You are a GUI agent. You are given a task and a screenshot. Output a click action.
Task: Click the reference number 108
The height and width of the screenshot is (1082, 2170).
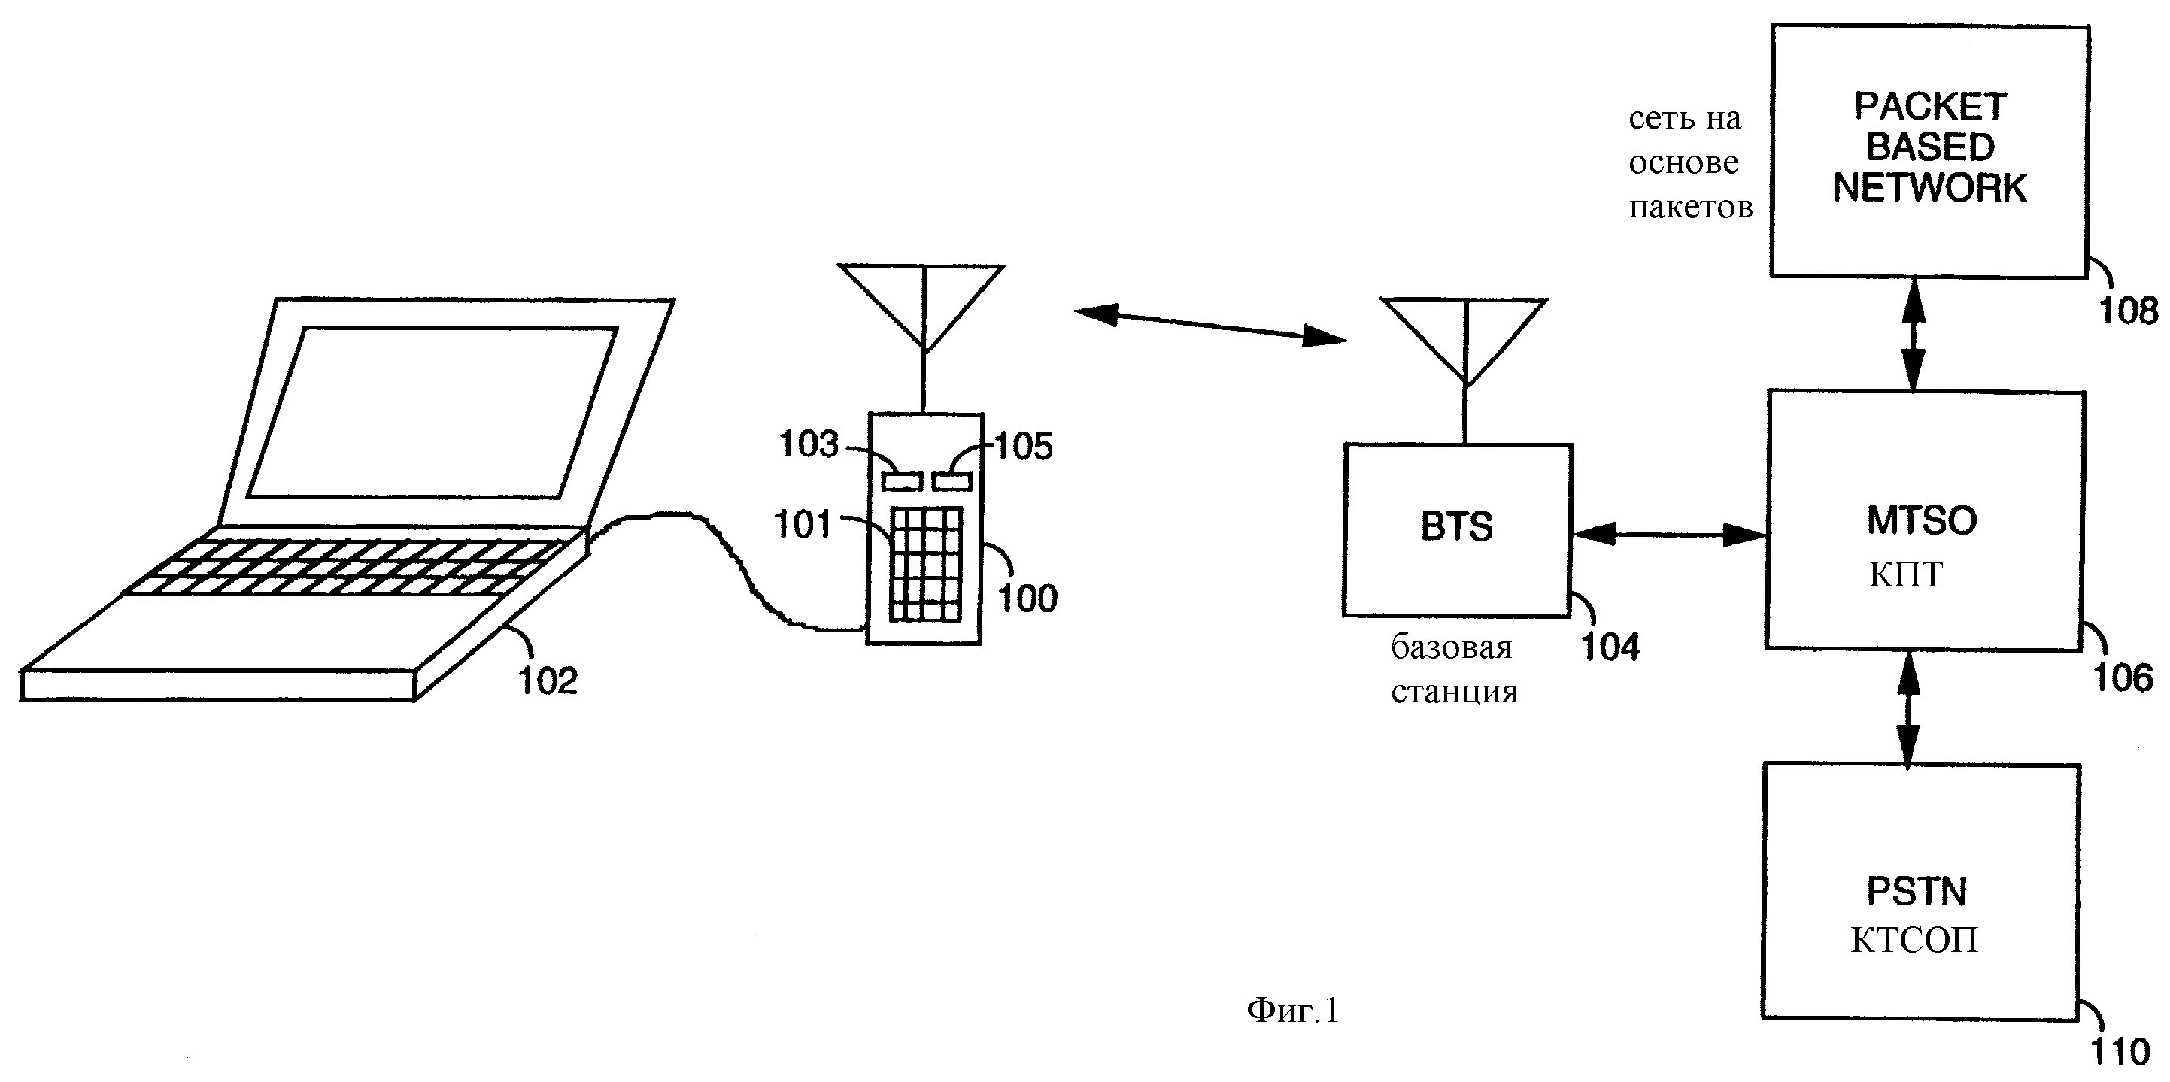click(2128, 311)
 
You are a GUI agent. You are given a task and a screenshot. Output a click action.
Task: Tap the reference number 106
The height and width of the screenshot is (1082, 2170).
click(2123, 677)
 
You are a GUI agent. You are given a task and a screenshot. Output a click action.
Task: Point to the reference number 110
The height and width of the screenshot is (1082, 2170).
click(2120, 1052)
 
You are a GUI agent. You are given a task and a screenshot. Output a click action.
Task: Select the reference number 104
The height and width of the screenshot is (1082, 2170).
click(1610, 647)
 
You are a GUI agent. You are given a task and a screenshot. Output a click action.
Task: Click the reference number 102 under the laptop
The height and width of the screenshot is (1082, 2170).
click(548, 681)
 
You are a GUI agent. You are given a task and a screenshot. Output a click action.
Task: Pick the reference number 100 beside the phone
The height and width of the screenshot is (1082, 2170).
click(1027, 599)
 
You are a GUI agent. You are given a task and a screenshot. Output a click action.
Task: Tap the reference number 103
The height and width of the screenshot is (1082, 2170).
click(808, 444)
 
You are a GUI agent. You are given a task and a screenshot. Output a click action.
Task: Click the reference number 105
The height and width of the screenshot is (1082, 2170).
click(1024, 447)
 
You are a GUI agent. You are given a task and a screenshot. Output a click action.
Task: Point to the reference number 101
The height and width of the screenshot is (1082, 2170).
click(803, 525)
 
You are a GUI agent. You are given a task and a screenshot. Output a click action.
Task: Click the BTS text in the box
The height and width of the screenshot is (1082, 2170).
click(1456, 526)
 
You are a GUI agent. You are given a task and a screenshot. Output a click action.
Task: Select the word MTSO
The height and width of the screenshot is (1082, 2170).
click(1922, 520)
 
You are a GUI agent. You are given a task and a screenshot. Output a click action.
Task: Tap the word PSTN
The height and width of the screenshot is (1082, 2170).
click(1917, 892)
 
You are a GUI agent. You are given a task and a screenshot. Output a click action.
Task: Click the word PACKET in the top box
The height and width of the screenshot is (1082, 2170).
click(1930, 107)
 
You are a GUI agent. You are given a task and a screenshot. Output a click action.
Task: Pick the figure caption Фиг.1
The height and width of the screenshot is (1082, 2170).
click(1291, 1010)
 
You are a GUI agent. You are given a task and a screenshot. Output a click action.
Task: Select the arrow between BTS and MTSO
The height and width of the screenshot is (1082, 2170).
click(1669, 534)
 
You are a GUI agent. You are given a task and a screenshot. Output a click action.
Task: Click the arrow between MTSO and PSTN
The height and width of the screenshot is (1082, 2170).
click(1908, 708)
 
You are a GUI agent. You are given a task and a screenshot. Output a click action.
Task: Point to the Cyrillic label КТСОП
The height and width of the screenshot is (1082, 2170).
click(1914, 940)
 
